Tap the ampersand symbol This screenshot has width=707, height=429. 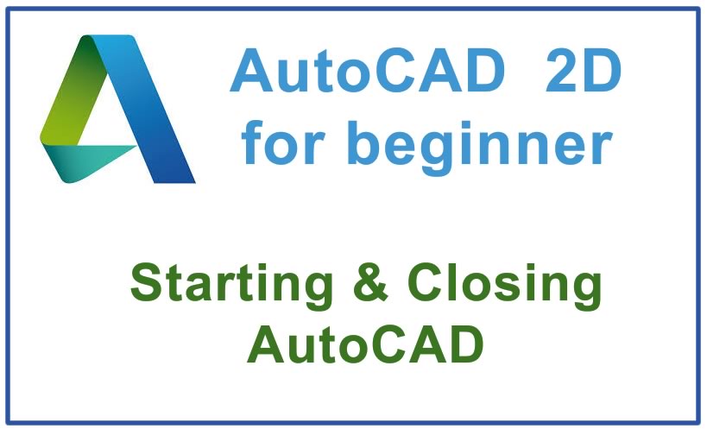click(x=377, y=285)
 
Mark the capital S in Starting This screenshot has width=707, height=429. click(x=148, y=285)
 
